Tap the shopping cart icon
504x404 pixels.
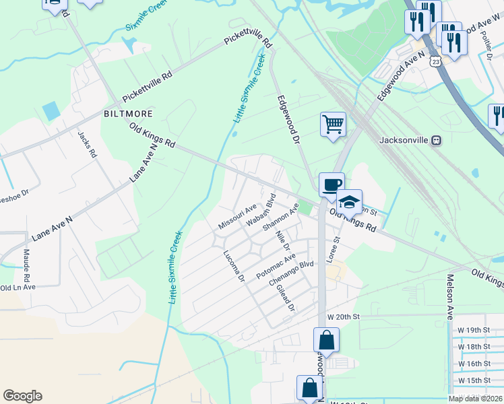[x=333, y=125]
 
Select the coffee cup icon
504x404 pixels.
[x=332, y=184]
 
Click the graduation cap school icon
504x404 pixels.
[x=349, y=201]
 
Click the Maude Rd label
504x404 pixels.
[x=27, y=266]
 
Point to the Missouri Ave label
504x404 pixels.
[x=237, y=216]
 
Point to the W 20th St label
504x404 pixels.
[x=344, y=316]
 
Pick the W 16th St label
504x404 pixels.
[x=478, y=364]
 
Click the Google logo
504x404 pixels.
[x=22, y=396]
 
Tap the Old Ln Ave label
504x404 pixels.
[x=18, y=287]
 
